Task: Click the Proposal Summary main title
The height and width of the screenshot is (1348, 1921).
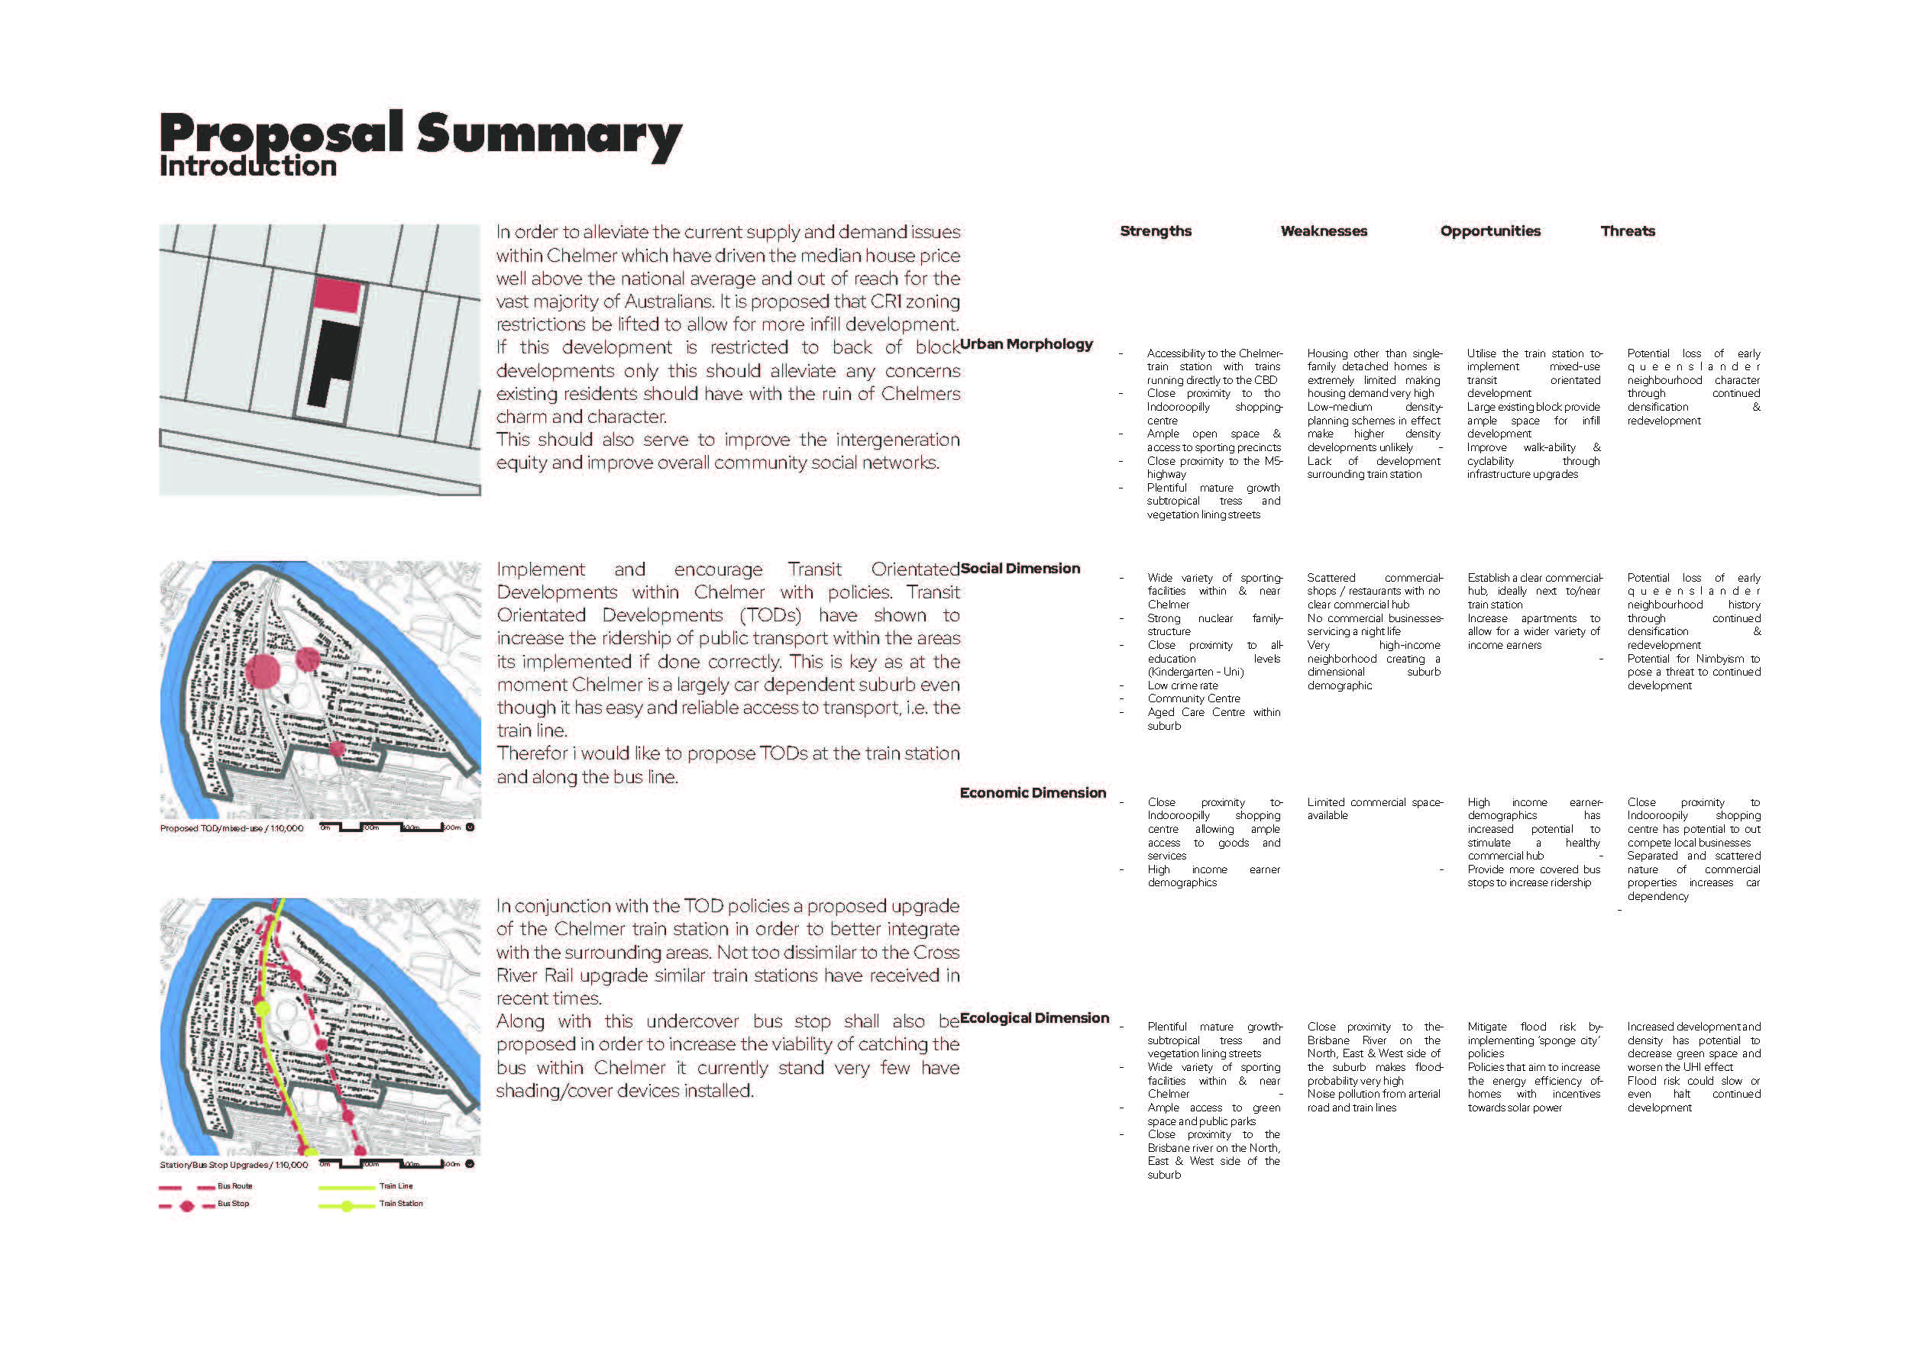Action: (420, 134)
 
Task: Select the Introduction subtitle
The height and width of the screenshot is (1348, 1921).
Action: (247, 166)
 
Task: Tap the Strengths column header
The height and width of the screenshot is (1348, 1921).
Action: (1156, 231)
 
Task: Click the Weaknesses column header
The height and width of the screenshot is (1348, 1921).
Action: (1324, 231)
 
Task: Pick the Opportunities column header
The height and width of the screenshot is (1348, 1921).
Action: (1490, 231)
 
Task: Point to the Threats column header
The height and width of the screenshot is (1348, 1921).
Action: (1628, 231)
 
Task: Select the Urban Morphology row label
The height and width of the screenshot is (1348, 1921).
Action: (1027, 343)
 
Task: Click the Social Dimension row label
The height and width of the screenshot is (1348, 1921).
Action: (1020, 569)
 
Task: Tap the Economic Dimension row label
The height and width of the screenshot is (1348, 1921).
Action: (1033, 793)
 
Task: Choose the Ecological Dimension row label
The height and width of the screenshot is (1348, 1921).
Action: (1034, 1017)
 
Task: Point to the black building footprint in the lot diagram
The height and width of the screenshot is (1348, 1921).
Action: (333, 362)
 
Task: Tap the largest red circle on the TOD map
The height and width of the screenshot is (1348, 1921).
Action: (264, 672)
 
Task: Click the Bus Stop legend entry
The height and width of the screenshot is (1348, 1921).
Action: (234, 1203)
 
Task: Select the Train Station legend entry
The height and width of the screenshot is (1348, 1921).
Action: (401, 1203)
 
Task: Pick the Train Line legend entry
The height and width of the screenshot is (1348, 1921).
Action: (396, 1185)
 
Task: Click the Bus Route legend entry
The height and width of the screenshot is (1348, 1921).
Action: (234, 1185)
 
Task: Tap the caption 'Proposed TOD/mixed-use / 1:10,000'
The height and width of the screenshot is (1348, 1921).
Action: (231, 829)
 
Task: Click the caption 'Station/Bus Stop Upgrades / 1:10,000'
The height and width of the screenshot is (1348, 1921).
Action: (234, 1165)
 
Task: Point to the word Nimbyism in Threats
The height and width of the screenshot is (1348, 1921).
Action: (1719, 659)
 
